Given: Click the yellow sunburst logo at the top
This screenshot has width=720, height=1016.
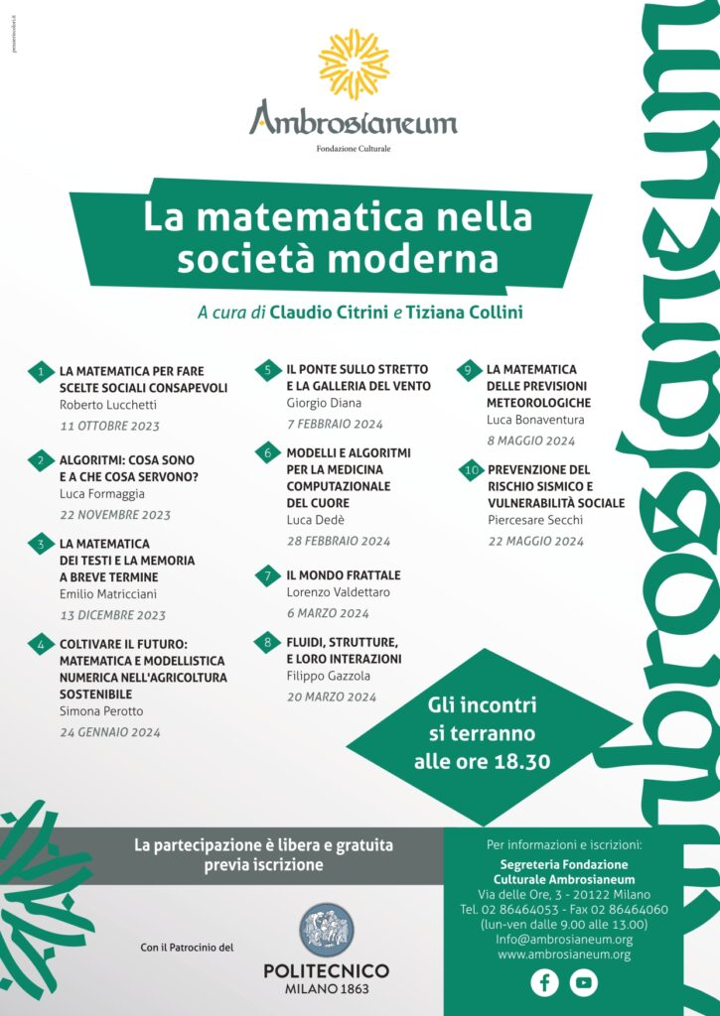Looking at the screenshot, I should tap(354, 63).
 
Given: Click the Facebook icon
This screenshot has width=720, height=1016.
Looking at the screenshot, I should tap(544, 982).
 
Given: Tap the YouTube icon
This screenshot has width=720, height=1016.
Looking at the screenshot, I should tap(584, 982).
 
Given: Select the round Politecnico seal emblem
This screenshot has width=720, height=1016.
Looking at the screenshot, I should tap(327, 930).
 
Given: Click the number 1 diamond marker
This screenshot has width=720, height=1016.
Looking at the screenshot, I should tap(40, 372).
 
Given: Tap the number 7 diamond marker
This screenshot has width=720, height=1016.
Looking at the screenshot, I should tap(267, 575).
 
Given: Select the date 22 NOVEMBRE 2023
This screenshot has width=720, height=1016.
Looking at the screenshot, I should tap(115, 515).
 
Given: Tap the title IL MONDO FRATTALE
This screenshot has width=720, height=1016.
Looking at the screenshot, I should tap(344, 575).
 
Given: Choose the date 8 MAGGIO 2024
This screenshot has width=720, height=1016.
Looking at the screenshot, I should tap(530, 441).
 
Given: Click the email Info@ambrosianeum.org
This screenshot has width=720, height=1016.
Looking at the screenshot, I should tap(563, 939).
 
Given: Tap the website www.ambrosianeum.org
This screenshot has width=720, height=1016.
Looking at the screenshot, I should tap(563, 954).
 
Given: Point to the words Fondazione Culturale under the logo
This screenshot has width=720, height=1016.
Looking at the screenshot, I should tap(354, 149).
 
